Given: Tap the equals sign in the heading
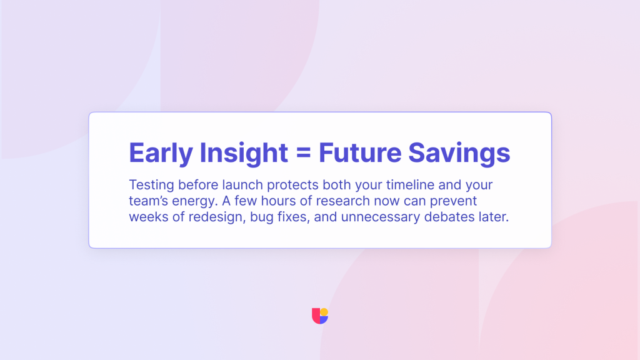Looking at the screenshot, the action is pos(303,153).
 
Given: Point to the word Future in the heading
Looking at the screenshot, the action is pos(360,152).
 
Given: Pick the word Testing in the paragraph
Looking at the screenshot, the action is pos(151,185).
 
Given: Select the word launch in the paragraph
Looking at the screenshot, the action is pos(242,184).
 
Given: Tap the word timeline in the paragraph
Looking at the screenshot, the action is pos(410,184).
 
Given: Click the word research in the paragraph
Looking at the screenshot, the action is pos(343,201).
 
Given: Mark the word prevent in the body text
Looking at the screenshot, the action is pos(453,201).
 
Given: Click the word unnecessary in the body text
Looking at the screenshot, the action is pos(381,217).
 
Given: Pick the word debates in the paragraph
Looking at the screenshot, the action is pos(450,217).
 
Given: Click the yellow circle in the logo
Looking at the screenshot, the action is pos(324,312).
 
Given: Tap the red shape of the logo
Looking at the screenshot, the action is pos(316,316).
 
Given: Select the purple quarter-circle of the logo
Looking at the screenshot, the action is pos(323,319).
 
